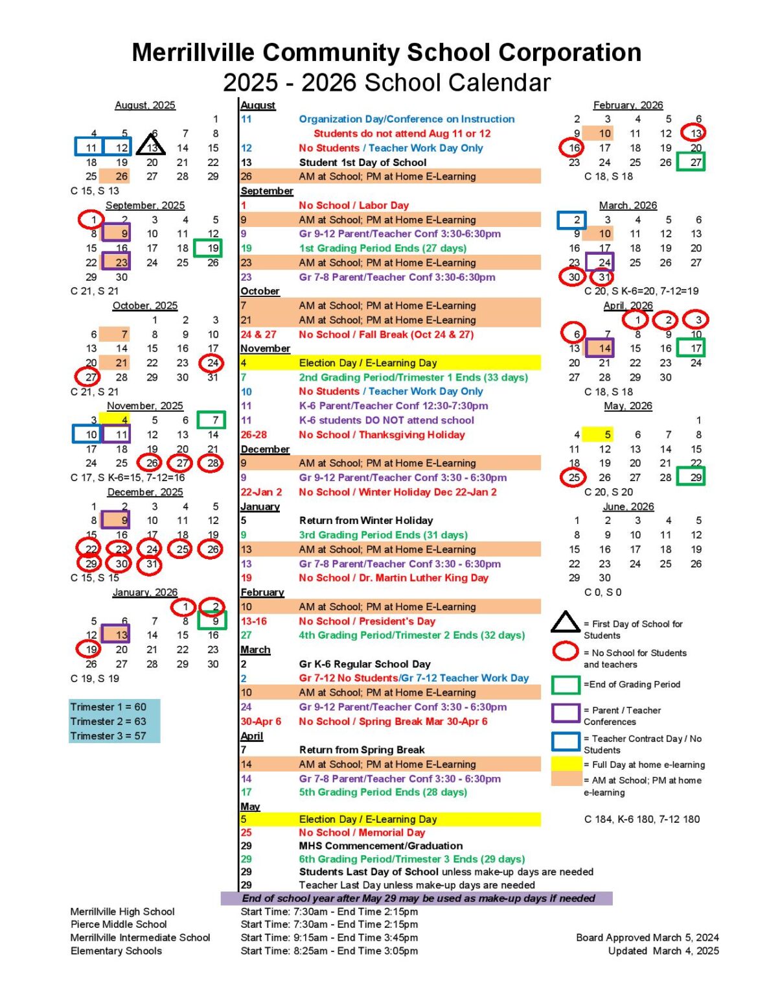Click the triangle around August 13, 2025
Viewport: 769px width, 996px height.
pos(151,145)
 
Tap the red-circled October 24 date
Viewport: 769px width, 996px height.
pos(212,363)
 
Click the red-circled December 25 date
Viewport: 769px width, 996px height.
pos(182,549)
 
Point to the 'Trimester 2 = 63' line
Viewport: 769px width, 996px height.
pos(109,721)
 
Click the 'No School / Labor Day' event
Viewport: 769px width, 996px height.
pos(354,205)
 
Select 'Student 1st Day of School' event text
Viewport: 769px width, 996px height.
pos(363,162)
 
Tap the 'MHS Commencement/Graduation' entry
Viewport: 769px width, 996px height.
pos(380,846)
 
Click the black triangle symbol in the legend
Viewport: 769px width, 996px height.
pos(565,622)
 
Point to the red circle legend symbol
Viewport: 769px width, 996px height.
pos(565,651)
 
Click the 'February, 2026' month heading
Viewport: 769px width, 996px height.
pos(628,105)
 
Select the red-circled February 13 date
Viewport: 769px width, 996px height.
pos(694,133)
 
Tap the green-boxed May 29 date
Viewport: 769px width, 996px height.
pos(694,477)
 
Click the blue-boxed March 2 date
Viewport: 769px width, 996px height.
pos(572,220)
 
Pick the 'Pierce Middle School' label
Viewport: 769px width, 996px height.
pos(119,924)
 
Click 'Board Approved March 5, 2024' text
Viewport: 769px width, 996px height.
pos(647,938)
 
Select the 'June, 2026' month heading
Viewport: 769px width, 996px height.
pos(628,506)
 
